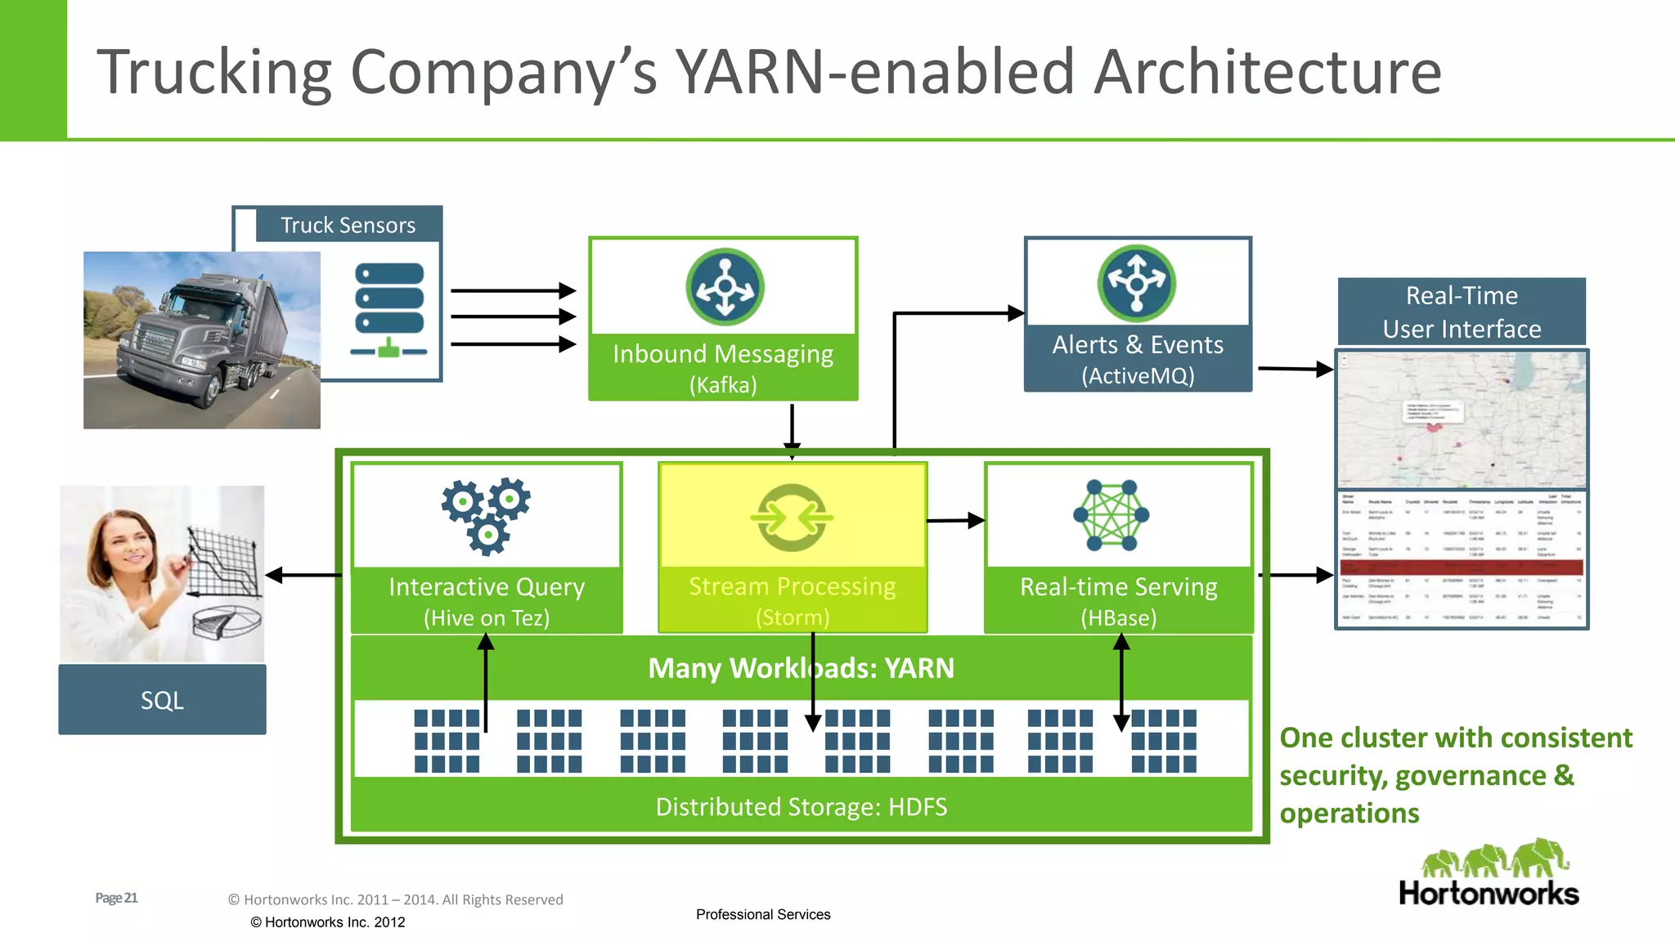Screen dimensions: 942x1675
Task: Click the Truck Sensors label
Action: click(x=348, y=225)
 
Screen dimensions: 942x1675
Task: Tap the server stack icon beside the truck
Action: click(x=389, y=309)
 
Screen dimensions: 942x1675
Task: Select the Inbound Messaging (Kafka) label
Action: click(x=723, y=368)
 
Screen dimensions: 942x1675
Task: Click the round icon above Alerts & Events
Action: click(x=1136, y=283)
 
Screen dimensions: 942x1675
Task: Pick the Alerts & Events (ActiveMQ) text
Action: click(x=1138, y=359)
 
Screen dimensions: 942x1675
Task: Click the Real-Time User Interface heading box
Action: click(x=1462, y=312)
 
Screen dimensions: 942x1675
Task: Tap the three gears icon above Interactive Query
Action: click(x=487, y=515)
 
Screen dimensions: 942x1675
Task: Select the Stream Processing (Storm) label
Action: click(x=792, y=601)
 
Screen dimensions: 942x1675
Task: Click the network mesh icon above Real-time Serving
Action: click(x=1111, y=515)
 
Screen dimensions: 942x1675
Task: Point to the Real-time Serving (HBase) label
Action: click(x=1118, y=601)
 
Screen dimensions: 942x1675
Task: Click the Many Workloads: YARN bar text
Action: click(x=801, y=668)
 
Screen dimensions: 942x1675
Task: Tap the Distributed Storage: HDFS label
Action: click(x=801, y=807)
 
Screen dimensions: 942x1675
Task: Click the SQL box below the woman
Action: click(x=162, y=700)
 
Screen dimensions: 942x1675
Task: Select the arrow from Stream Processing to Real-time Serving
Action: click(x=955, y=520)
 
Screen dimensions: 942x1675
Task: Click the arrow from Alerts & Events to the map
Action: click(x=1296, y=369)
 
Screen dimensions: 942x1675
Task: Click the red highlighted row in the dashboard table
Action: click(x=1462, y=566)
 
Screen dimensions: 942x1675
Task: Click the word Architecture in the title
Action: click(x=1267, y=72)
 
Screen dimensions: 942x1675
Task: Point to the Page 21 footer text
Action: click(x=116, y=898)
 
